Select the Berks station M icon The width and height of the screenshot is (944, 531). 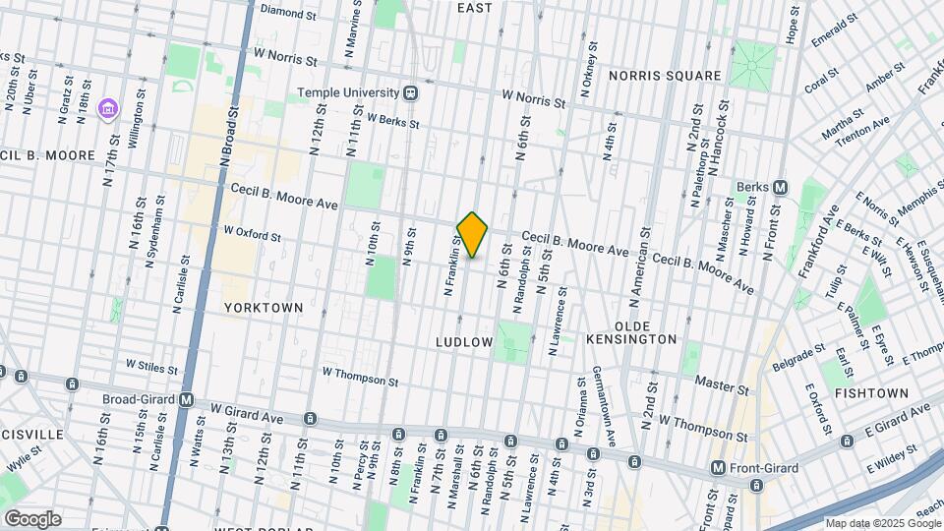780,187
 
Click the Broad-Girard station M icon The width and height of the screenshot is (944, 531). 187,400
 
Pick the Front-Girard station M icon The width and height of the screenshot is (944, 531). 719,467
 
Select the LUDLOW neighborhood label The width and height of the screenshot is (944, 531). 464,341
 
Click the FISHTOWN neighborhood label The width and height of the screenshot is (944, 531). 871,392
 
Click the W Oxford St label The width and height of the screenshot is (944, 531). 252,235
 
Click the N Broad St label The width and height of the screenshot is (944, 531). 224,142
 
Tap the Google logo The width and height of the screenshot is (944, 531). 31,518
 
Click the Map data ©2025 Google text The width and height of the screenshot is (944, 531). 881,523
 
